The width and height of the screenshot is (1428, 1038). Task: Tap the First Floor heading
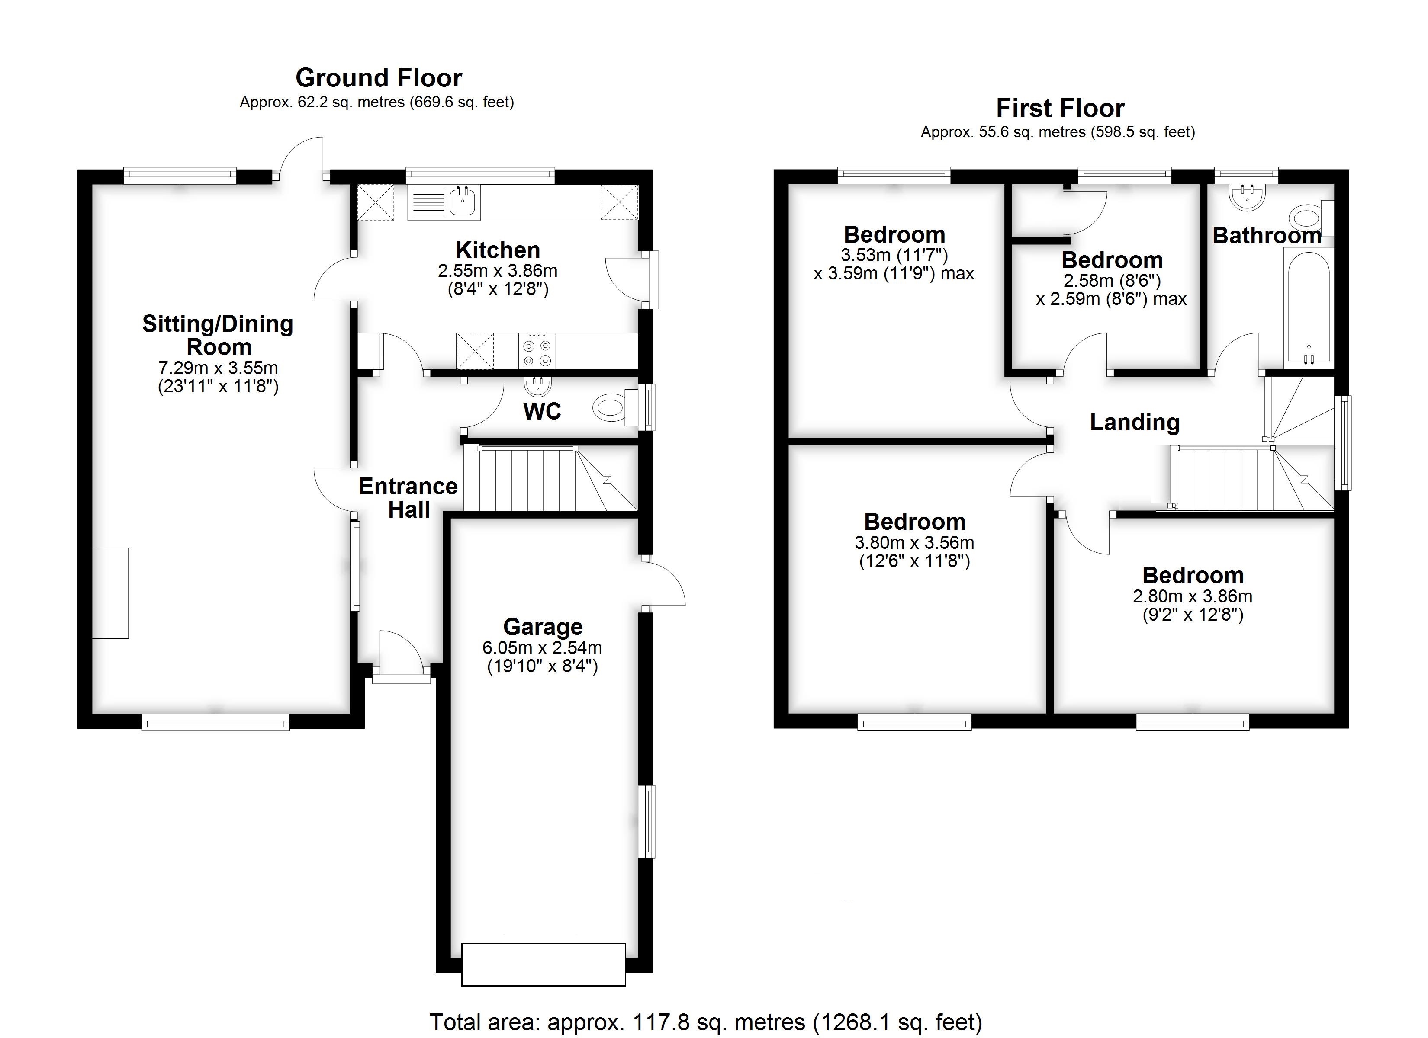click(1060, 108)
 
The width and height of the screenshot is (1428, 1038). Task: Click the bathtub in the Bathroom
click(1309, 307)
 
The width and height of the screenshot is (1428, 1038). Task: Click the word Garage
click(543, 627)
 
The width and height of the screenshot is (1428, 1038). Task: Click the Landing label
click(1135, 423)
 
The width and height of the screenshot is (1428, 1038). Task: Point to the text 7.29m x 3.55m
click(218, 368)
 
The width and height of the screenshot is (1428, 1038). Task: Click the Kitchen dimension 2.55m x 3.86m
click(497, 271)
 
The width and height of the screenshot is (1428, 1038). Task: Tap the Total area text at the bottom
click(705, 1022)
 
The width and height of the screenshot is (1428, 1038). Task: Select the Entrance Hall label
click(408, 498)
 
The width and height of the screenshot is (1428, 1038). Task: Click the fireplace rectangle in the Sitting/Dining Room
click(111, 593)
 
